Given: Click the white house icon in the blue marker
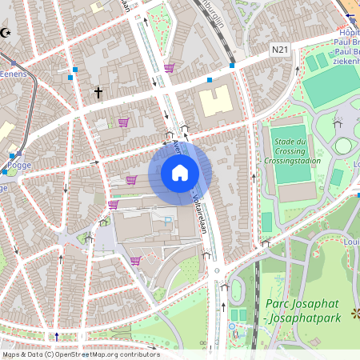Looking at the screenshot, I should [179, 173].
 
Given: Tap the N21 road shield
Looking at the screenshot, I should [279, 50].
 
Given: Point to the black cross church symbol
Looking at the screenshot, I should [98, 93].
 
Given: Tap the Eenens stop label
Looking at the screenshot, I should [14, 74].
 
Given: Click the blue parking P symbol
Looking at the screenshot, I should [167, 220].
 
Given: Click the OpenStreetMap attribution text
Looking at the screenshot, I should [80, 354].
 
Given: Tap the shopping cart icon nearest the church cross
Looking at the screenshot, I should [123, 122].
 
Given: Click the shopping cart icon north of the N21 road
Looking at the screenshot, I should [169, 68].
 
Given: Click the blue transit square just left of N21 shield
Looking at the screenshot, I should [232, 65].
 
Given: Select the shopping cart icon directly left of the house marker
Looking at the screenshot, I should [130, 179].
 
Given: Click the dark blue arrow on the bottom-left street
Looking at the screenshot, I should [57, 336].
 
